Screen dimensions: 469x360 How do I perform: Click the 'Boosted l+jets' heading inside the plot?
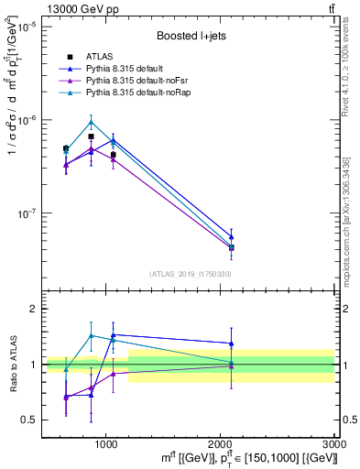point(189,37)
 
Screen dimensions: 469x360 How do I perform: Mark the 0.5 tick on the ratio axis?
point(29,420)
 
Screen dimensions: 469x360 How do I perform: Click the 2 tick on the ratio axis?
point(33,309)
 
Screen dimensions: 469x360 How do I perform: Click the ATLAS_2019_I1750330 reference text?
point(190,274)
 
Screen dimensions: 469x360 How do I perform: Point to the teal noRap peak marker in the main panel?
point(91,122)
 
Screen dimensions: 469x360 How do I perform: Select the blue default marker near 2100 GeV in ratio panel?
point(232,344)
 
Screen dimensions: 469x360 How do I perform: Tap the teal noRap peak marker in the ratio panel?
point(91,335)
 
